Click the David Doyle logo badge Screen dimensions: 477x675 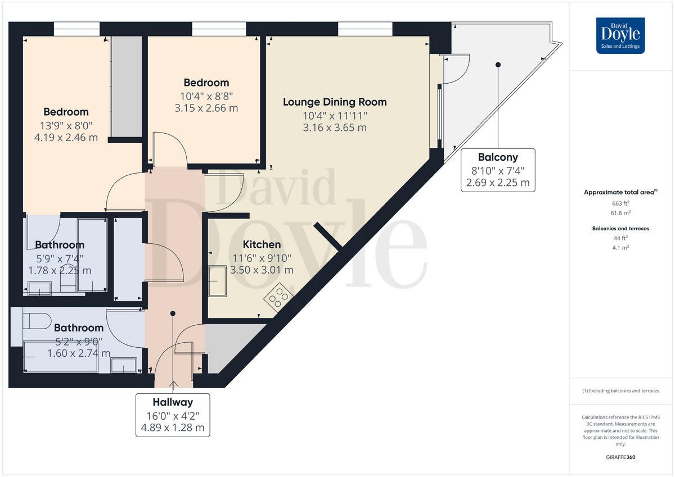tap(620, 35)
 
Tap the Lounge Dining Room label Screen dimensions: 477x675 tap(335, 102)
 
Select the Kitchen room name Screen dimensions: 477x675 tap(262, 244)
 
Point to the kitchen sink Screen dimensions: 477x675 tap(217, 280)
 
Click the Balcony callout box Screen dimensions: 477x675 tap(498, 170)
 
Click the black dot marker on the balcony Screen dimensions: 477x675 tap(498, 65)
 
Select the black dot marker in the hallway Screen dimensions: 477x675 tap(173, 314)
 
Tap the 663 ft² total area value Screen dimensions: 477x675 tap(620, 203)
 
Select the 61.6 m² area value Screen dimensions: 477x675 tap(620, 213)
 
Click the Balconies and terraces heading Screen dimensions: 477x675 tap(620, 229)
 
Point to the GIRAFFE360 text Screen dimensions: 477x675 tap(620, 457)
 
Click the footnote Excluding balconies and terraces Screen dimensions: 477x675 tap(620, 390)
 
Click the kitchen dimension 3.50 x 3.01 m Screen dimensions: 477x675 tap(262, 270)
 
